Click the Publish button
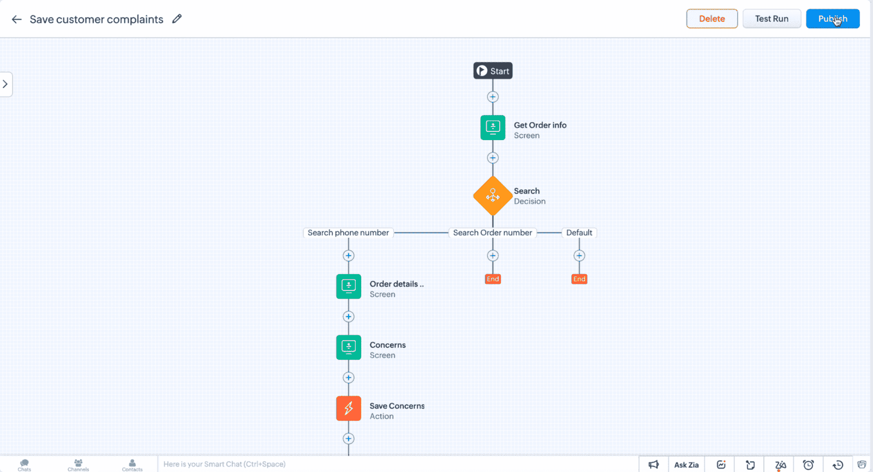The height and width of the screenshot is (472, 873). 833,19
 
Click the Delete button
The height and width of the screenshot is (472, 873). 711,19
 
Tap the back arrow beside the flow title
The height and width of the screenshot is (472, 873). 16,19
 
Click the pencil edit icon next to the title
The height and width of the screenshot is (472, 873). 177,19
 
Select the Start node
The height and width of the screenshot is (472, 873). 493,70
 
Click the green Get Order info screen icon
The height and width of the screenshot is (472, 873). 493,128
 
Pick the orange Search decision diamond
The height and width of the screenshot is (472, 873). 493,196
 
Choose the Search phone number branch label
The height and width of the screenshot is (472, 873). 348,233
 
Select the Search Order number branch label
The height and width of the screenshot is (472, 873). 492,233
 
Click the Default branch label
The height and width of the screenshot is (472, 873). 579,233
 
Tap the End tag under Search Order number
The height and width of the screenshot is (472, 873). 493,279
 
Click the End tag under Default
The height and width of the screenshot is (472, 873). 579,279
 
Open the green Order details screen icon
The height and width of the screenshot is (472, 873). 349,286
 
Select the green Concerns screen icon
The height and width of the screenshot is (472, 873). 349,347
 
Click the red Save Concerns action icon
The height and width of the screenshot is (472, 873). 349,408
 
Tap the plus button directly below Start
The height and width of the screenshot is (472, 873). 493,96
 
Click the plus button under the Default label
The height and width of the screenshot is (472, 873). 579,256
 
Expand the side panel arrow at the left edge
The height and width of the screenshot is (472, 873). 5,84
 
